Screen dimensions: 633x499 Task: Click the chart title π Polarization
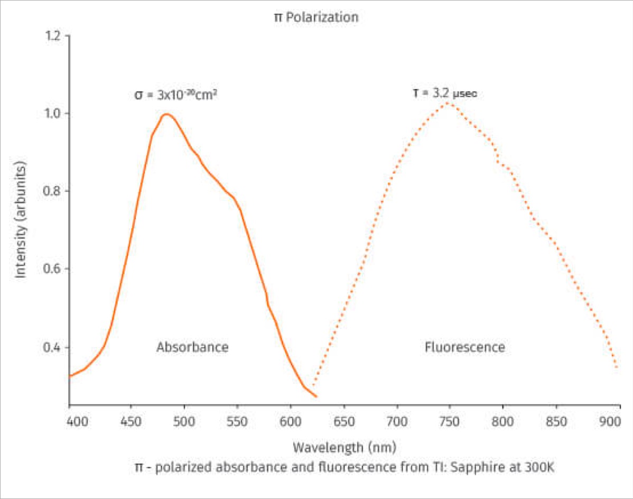[x=316, y=17]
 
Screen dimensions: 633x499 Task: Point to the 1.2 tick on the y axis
[x=53, y=36]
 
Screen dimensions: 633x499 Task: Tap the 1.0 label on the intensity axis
[x=52, y=114]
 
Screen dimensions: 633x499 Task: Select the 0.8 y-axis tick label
[x=52, y=191]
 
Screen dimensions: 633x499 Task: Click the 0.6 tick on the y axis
[x=52, y=269]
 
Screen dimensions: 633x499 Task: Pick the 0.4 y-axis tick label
[x=52, y=347]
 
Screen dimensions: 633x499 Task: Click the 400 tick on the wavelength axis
[x=77, y=421]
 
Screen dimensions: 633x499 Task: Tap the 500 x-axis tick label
[x=184, y=421]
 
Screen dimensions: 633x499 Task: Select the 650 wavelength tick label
[x=344, y=421]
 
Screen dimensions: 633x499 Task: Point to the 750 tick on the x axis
[x=449, y=421]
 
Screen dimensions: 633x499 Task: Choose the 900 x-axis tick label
[x=610, y=421]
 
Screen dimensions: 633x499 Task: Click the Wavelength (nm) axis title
[x=345, y=447]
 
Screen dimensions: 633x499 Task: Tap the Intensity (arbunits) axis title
[x=20, y=219]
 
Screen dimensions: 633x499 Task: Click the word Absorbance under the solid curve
[x=192, y=347]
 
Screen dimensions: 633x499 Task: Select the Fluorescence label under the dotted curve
[x=464, y=347]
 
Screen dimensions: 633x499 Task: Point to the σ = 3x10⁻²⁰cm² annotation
[x=175, y=95]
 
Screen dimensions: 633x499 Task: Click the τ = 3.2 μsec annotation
[x=444, y=93]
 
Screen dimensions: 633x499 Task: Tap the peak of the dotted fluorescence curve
[x=448, y=103]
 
